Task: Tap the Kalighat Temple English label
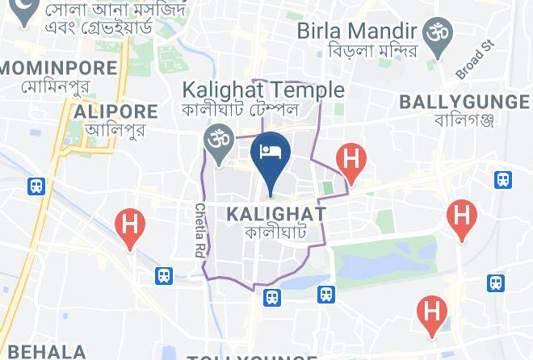tap(263, 90)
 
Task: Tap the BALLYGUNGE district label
tap(464, 102)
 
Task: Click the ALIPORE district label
tap(115, 111)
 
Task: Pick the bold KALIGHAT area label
tap(277, 214)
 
